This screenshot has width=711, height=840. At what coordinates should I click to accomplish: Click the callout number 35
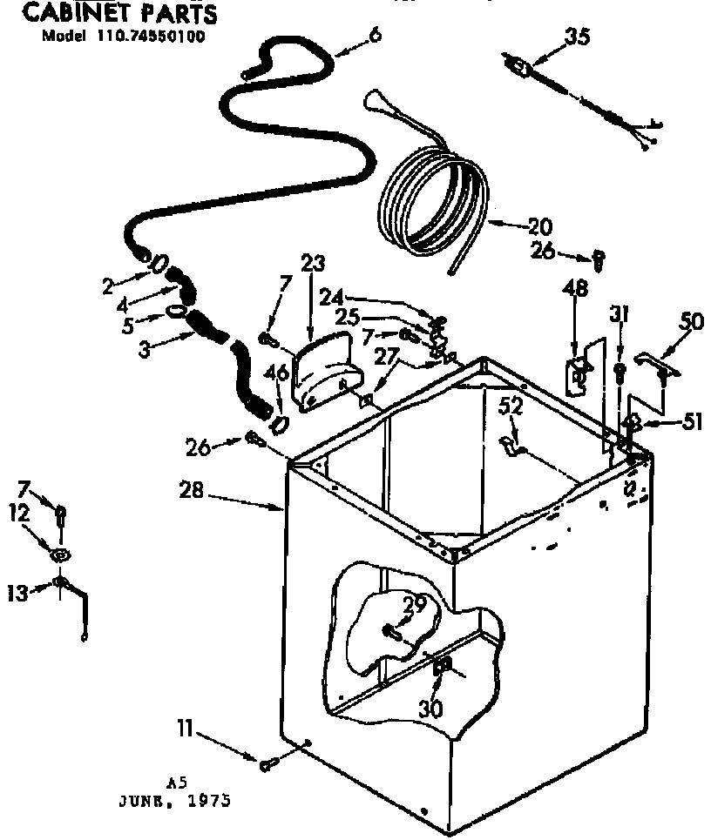pos(577,37)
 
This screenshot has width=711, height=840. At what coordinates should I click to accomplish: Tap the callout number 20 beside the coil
pos(540,227)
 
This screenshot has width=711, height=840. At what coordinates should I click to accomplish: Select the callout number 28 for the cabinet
pos(192,491)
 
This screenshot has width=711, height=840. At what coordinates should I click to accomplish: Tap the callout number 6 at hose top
pos(376,36)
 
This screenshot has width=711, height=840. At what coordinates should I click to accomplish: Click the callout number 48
pos(576,288)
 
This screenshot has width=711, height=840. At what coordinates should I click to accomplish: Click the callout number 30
pos(430,709)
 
